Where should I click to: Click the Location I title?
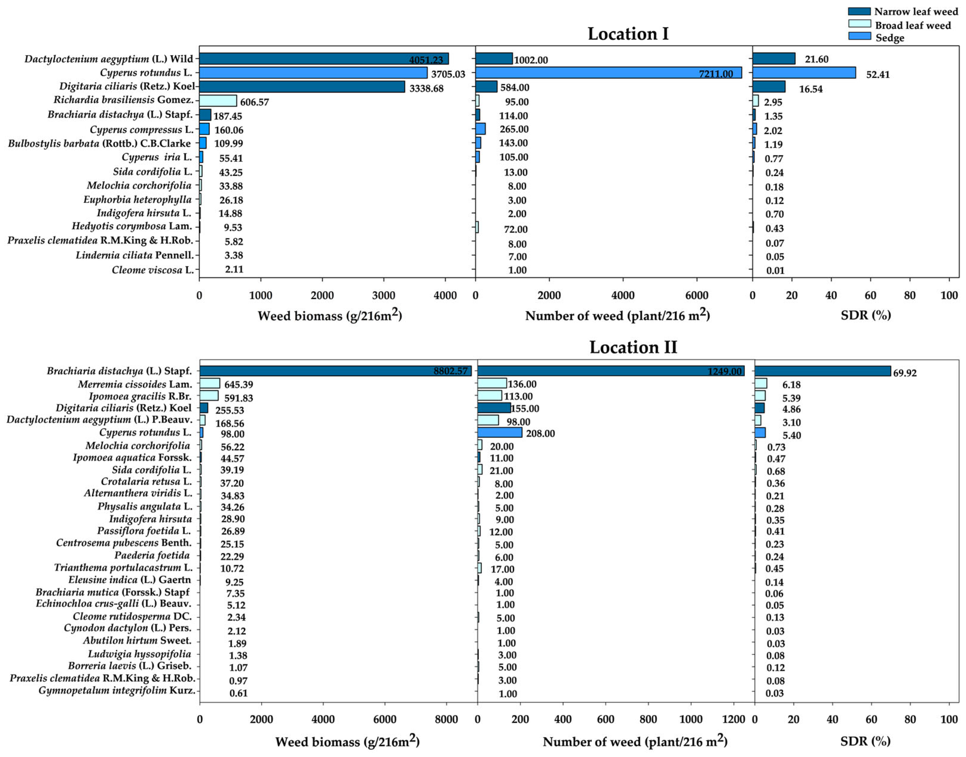point(628,34)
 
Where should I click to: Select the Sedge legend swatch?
point(859,36)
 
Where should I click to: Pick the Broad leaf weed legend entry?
point(912,25)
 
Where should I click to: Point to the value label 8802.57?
point(450,371)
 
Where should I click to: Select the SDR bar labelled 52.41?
point(804,73)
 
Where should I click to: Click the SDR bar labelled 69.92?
point(822,371)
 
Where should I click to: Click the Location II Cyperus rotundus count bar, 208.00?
point(500,433)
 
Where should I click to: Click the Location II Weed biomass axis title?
point(347,741)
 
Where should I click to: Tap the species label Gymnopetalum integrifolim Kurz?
point(117,690)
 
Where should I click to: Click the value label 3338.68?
point(426,88)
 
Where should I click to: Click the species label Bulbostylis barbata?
point(99,143)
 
